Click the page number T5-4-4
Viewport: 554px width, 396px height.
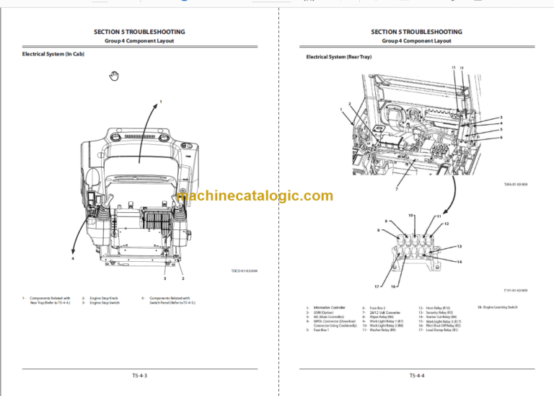(x=416, y=376)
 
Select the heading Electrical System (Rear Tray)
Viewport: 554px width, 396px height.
(x=338, y=56)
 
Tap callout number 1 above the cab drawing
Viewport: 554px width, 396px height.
(x=160, y=101)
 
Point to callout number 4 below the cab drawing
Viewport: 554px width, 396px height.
(x=73, y=257)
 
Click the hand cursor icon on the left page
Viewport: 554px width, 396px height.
(x=113, y=76)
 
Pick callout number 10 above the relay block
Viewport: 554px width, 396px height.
(x=411, y=216)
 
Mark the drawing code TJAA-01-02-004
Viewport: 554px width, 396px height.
(x=515, y=184)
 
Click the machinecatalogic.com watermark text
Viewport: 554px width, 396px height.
(x=254, y=196)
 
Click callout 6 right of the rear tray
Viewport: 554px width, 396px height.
(x=501, y=137)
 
